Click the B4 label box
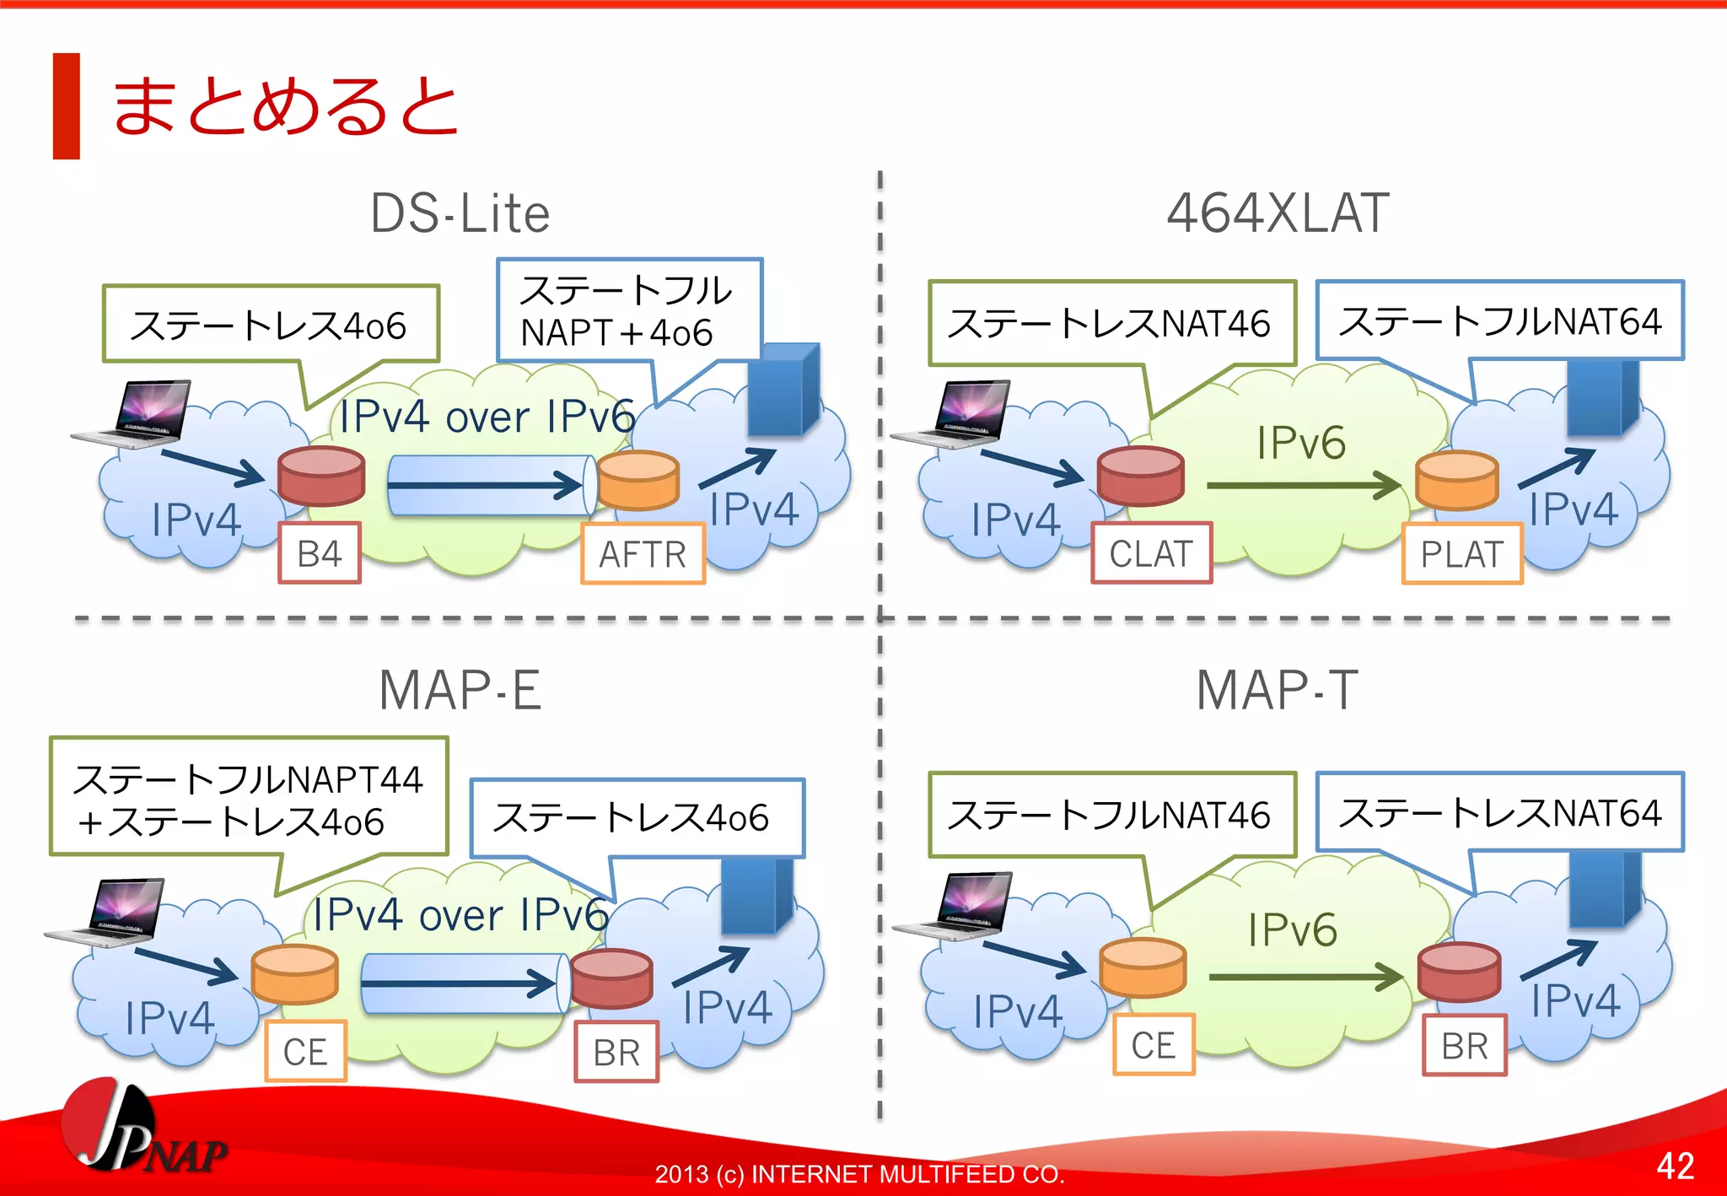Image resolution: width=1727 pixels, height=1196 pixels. click(x=320, y=553)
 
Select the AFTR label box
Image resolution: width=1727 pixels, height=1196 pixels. click(x=643, y=554)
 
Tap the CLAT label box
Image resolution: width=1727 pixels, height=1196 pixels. click(x=1151, y=553)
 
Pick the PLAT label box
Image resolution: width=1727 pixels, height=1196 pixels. click(x=1462, y=554)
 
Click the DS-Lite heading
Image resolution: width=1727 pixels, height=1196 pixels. click(x=460, y=213)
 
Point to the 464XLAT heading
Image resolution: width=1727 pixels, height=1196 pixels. click(x=1277, y=213)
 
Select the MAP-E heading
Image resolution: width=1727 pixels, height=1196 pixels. click(x=460, y=691)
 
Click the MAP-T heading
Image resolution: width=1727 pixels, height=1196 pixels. click(x=1277, y=691)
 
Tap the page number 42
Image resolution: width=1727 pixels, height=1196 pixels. click(x=1675, y=1166)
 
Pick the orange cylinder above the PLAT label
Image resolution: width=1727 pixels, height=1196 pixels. click(x=1457, y=480)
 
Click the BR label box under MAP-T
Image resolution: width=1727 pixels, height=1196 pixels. click(x=1465, y=1046)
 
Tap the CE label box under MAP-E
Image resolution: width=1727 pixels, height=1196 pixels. click(x=305, y=1052)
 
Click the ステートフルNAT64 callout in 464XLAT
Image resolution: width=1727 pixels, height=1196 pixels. click(x=1499, y=321)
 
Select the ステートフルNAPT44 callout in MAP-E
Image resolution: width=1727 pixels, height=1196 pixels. click(x=249, y=797)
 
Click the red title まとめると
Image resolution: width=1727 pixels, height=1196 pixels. click(x=285, y=106)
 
